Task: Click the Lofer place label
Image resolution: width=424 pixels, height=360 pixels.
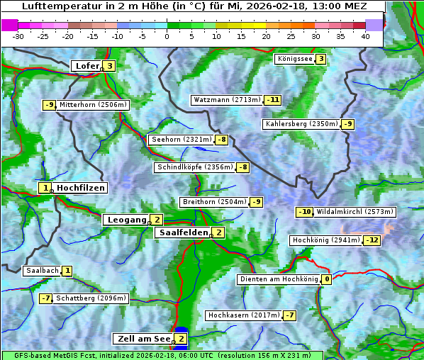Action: click(x=87, y=66)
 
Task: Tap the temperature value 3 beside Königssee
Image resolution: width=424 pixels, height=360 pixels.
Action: click(x=320, y=59)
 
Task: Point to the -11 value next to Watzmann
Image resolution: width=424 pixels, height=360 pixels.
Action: click(x=272, y=100)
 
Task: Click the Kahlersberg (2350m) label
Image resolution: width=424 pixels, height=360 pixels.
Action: click(x=301, y=124)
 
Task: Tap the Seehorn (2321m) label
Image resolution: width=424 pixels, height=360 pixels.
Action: click(x=182, y=140)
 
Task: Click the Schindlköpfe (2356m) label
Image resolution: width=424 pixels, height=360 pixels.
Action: click(x=194, y=167)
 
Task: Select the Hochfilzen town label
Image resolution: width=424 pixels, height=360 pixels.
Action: click(x=81, y=188)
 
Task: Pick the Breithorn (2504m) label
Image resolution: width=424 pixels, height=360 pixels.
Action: click(x=213, y=202)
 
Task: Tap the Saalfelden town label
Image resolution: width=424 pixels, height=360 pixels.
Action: click(x=183, y=232)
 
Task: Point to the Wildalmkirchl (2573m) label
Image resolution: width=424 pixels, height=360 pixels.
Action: click(x=355, y=212)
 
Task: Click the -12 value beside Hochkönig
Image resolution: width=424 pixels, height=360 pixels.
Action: click(x=372, y=240)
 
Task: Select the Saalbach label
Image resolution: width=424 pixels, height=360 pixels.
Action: click(x=42, y=271)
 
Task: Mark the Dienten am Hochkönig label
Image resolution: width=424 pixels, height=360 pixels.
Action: click(x=278, y=279)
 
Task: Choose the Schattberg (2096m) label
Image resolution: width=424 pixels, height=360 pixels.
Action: click(x=91, y=298)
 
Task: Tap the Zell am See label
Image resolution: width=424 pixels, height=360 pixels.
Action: click(x=143, y=339)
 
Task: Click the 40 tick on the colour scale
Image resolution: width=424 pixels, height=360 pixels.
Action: click(x=365, y=35)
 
